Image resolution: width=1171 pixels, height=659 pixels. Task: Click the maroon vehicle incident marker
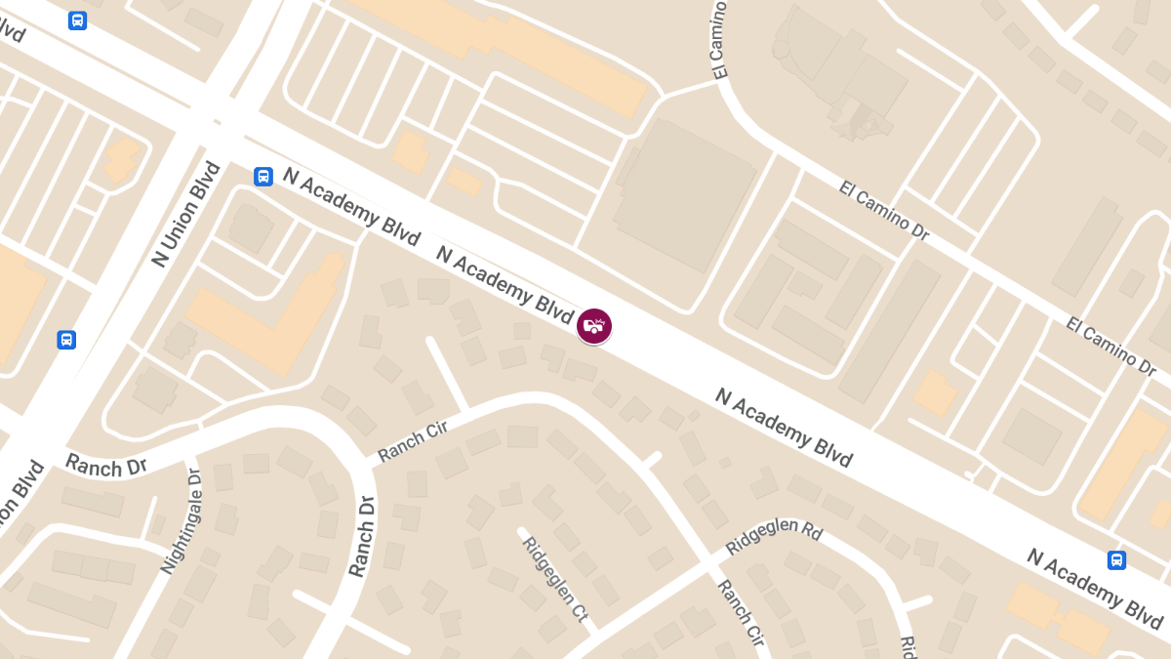[x=594, y=326]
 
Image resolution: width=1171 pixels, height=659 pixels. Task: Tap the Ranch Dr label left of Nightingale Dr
[x=106, y=465]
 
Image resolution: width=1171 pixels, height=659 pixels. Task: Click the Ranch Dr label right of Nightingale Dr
[x=361, y=536]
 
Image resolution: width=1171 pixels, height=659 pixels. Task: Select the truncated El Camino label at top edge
[x=721, y=39]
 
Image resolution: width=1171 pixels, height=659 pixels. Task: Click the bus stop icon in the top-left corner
[x=78, y=20]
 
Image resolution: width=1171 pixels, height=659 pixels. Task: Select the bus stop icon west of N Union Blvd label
[x=66, y=340]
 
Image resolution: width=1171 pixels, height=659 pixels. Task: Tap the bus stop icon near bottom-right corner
[x=1116, y=560]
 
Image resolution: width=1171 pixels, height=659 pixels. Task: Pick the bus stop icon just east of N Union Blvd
[x=262, y=177]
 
